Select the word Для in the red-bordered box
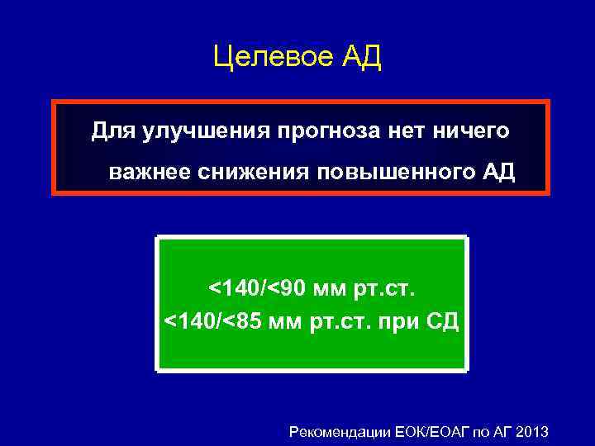coord(108,130)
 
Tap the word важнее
coord(149,173)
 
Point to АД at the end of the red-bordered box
coord(498,173)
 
